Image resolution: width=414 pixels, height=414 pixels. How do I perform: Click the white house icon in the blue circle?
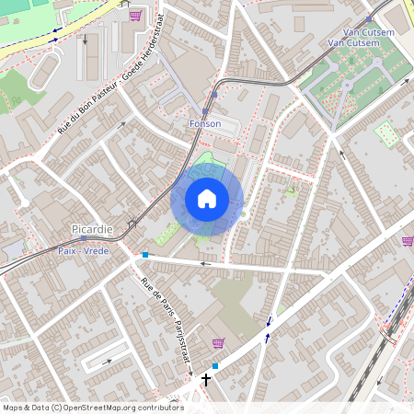pyautogui.click(x=207, y=199)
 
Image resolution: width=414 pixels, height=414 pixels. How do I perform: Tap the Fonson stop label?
pyautogui.click(x=205, y=122)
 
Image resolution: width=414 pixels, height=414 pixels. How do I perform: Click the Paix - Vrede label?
pyautogui.click(x=82, y=250)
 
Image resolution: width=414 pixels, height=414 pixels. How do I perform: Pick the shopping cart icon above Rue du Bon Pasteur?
pyautogui.click(x=136, y=16)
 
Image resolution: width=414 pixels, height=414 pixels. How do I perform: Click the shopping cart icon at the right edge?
pyautogui.click(x=407, y=241)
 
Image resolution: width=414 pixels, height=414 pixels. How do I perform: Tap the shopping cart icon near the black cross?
pyautogui.click(x=218, y=343)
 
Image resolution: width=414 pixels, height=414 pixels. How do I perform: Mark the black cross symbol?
pyautogui.click(x=206, y=378)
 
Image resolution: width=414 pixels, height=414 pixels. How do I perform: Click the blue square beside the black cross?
pyautogui.click(x=215, y=366)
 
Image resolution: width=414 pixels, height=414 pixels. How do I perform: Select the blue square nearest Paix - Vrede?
pyautogui.click(x=145, y=255)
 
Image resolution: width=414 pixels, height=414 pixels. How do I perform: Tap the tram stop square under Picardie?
pyautogui.click(x=83, y=237)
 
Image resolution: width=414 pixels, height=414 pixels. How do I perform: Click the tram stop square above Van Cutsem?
pyautogui.click(x=368, y=18)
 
